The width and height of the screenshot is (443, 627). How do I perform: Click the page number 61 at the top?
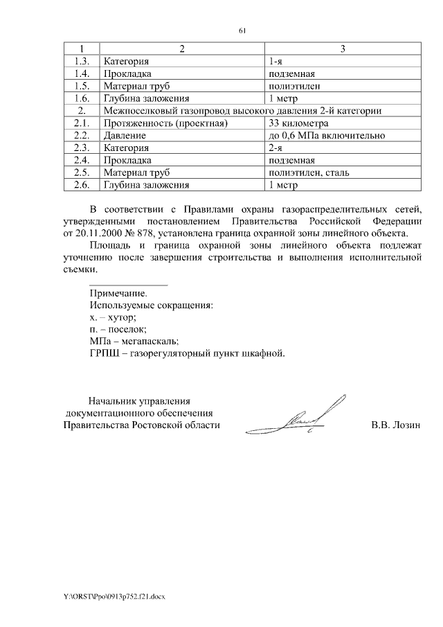tap(242, 30)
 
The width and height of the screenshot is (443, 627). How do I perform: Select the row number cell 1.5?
tap(82, 86)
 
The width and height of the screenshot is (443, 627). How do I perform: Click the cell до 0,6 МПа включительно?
tap(326, 136)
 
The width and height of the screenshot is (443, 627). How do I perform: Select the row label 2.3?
tap(82, 148)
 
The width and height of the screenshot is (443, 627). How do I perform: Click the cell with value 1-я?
tap(276, 61)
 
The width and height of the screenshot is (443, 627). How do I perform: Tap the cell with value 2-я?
tap(276, 148)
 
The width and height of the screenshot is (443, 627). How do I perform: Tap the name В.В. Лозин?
tap(396, 425)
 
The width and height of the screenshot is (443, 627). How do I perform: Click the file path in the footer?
tap(111, 596)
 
